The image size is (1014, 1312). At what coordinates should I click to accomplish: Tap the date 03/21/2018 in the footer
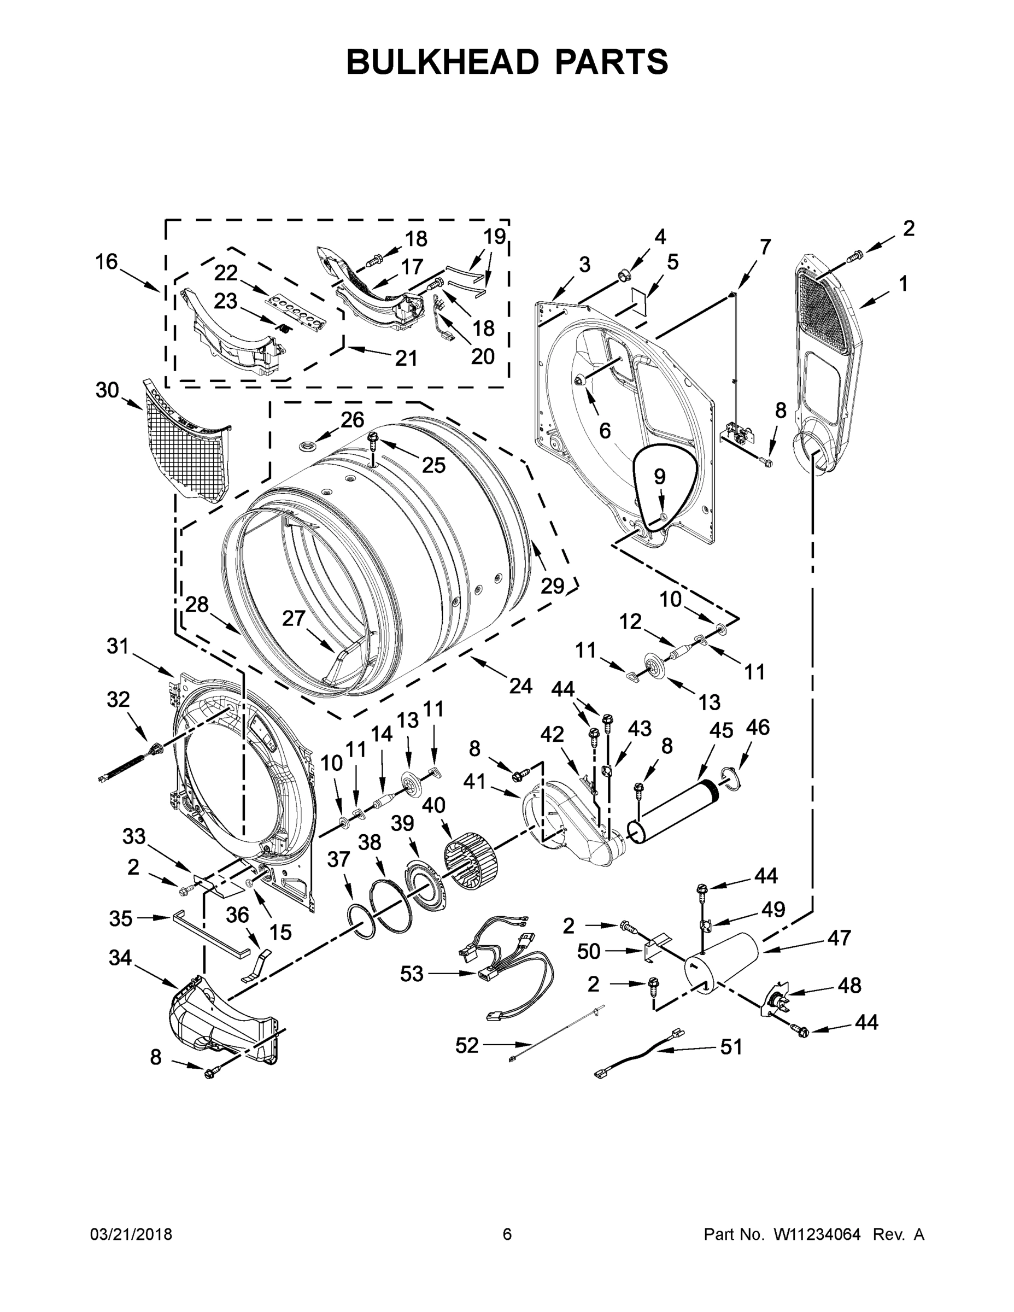tap(131, 1234)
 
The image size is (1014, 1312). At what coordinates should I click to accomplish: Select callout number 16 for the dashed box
tap(107, 262)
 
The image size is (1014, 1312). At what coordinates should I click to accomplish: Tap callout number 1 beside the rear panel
tap(903, 284)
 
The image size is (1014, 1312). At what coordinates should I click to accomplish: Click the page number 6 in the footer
tap(507, 1234)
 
